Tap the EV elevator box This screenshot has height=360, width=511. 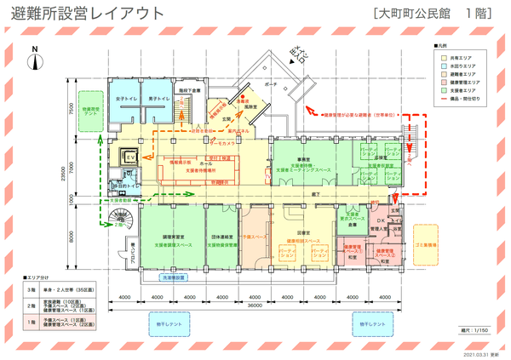[131, 157]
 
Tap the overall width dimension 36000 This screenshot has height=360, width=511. [255, 306]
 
